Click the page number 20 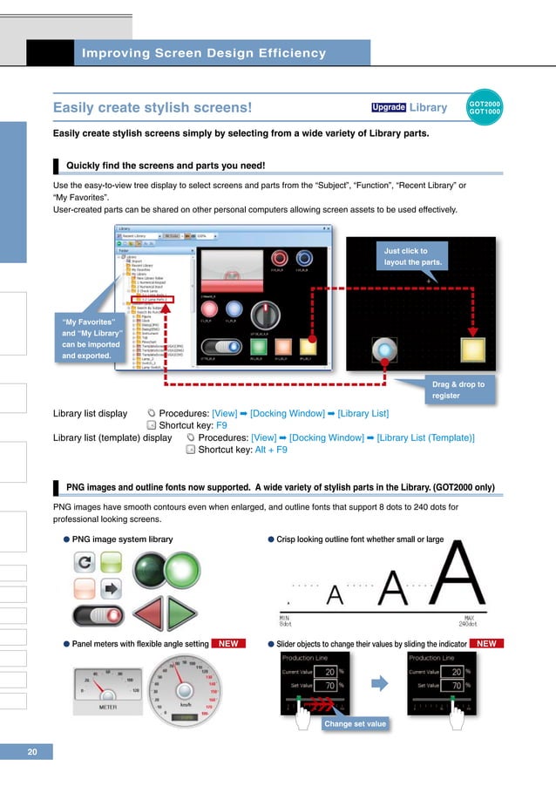coord(31,751)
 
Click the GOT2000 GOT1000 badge coord(485,106)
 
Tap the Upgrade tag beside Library coord(388,108)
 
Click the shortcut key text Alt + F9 coord(269,450)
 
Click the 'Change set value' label coord(354,723)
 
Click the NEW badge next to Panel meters coord(228,643)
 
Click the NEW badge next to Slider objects coord(486,643)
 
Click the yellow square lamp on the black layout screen coord(473,350)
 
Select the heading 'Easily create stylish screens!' coord(153,108)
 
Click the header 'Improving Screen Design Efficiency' coord(203,53)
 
